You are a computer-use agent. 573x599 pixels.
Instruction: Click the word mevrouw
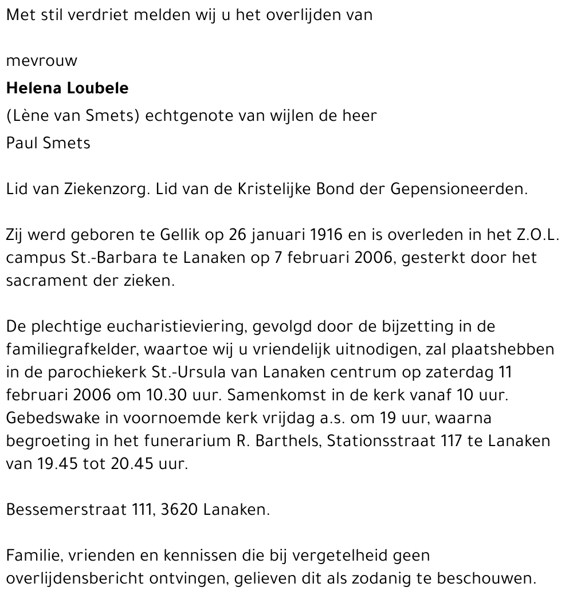[x=41, y=61]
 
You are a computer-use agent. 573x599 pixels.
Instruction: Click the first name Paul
[x=22, y=143]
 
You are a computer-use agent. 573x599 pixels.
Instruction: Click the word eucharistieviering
[x=171, y=328]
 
